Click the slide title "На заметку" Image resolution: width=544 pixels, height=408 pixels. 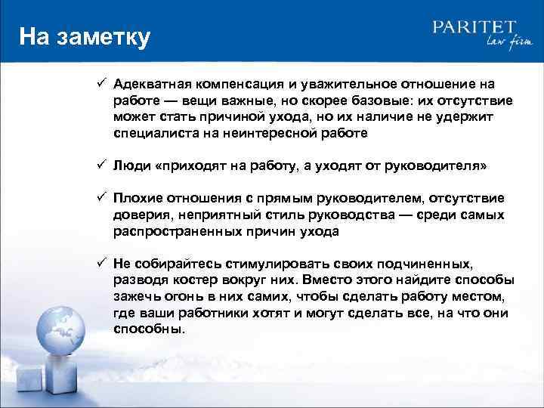click(85, 36)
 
